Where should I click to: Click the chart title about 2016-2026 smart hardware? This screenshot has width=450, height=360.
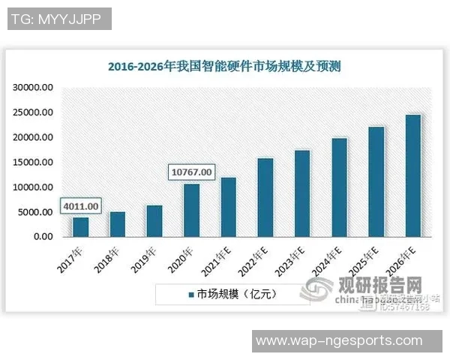[x=224, y=67]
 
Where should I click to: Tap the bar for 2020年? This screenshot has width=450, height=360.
[x=192, y=210]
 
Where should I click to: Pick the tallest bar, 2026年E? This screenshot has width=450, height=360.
[x=413, y=175]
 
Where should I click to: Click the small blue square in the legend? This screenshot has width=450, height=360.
[x=191, y=295]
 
